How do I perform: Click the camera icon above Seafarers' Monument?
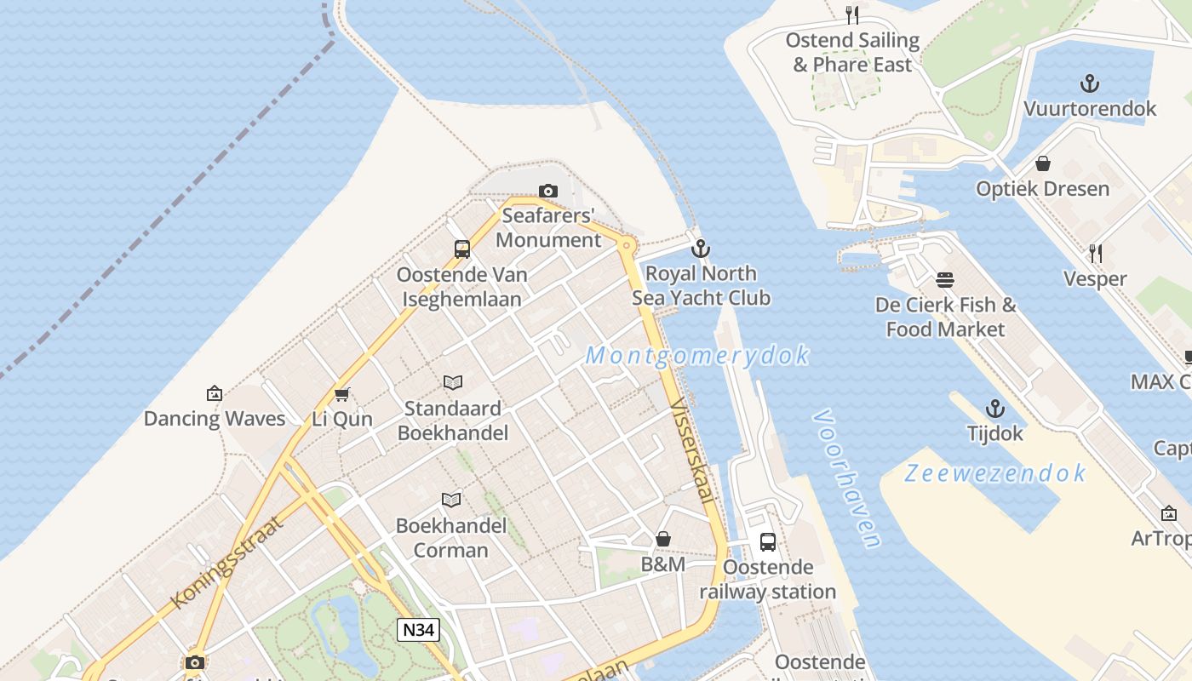(x=548, y=191)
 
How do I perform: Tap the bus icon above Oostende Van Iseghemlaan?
(x=462, y=249)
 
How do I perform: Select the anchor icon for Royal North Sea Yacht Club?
(x=701, y=249)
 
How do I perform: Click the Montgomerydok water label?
(x=697, y=355)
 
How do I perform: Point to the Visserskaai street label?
(x=692, y=449)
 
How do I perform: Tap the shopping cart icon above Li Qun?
(x=342, y=394)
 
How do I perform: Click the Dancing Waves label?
(x=215, y=418)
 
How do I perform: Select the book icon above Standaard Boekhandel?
(x=453, y=383)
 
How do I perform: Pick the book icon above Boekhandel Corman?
(x=451, y=500)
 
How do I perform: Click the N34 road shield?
(x=419, y=630)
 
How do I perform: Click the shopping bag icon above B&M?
(x=663, y=539)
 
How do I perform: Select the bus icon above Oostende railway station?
(x=767, y=541)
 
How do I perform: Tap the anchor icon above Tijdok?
(x=994, y=409)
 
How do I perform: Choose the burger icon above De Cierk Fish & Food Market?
(x=945, y=279)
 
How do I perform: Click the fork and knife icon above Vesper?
(x=1096, y=253)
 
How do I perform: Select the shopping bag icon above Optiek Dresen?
(x=1043, y=163)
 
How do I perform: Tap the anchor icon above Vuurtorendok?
(x=1090, y=83)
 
